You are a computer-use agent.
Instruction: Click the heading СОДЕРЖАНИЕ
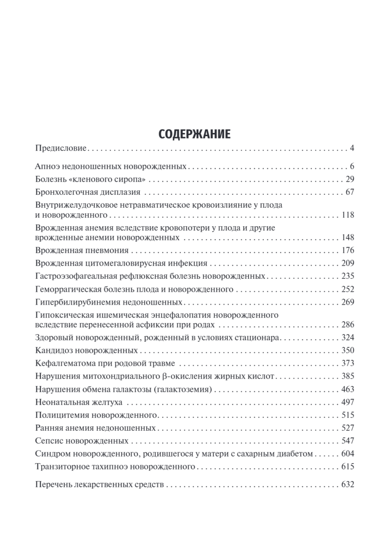pyautogui.click(x=194, y=134)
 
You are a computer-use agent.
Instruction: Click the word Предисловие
pyautogui.click(x=61, y=149)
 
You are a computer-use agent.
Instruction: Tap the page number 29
pyautogui.click(x=349, y=179)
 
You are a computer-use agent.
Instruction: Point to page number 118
pyautogui.click(x=347, y=215)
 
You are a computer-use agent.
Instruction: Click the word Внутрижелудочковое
pyautogui.click(x=70, y=205)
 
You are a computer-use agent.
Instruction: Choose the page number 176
pyautogui.click(x=347, y=250)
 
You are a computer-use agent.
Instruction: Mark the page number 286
pyautogui.click(x=347, y=324)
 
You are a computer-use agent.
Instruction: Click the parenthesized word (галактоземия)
pyautogui.click(x=187, y=389)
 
